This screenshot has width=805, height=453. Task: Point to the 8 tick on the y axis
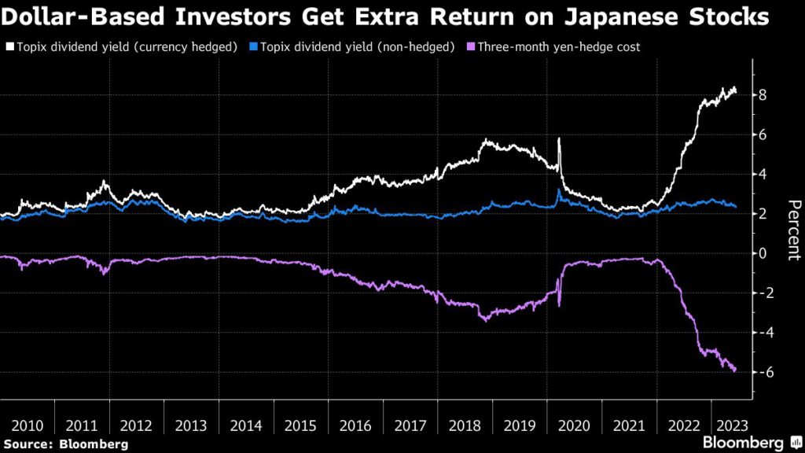coord(763,95)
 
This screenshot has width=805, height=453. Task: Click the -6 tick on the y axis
coord(760,371)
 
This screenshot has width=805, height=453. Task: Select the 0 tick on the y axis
coord(763,253)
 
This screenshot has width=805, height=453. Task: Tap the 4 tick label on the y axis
coord(763,174)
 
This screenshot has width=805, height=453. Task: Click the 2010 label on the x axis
coord(28,425)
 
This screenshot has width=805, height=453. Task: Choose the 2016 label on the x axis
coord(355,425)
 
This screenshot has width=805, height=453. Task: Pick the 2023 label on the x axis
coord(726,425)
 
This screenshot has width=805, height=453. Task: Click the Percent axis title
coord(792,229)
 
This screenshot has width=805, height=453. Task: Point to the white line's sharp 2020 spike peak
coord(559,139)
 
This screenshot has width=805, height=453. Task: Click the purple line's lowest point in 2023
coord(734,370)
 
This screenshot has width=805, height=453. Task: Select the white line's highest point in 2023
coord(734,87)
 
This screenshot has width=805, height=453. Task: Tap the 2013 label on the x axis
coord(191,425)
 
